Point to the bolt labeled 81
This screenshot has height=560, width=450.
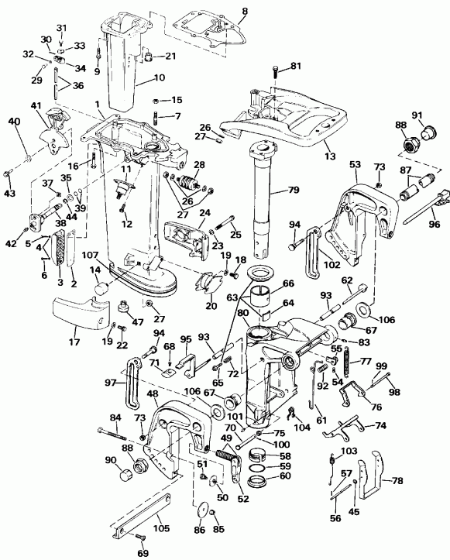(277, 73)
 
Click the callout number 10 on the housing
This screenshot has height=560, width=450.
(159, 77)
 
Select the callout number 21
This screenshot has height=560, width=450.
(170, 56)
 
